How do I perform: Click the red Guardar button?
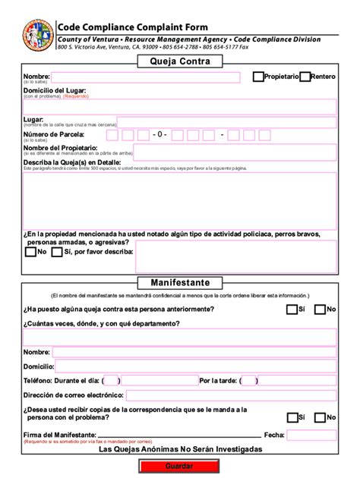click(179, 464)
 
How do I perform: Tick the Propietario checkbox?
click(258, 77)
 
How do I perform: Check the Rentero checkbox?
click(305, 77)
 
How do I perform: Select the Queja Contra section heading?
click(179, 61)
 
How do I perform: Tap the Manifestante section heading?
click(180, 281)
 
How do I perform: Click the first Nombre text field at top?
click(145, 77)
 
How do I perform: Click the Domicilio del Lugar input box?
click(179, 106)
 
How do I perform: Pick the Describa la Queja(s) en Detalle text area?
click(179, 200)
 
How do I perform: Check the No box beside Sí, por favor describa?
click(30, 252)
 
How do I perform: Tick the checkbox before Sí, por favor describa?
click(57, 252)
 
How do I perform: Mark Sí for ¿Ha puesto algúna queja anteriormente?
click(292, 310)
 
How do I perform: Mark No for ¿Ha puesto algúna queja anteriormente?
click(321, 310)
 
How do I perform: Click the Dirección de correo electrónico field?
click(230, 395)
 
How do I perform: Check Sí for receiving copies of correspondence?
click(292, 417)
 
